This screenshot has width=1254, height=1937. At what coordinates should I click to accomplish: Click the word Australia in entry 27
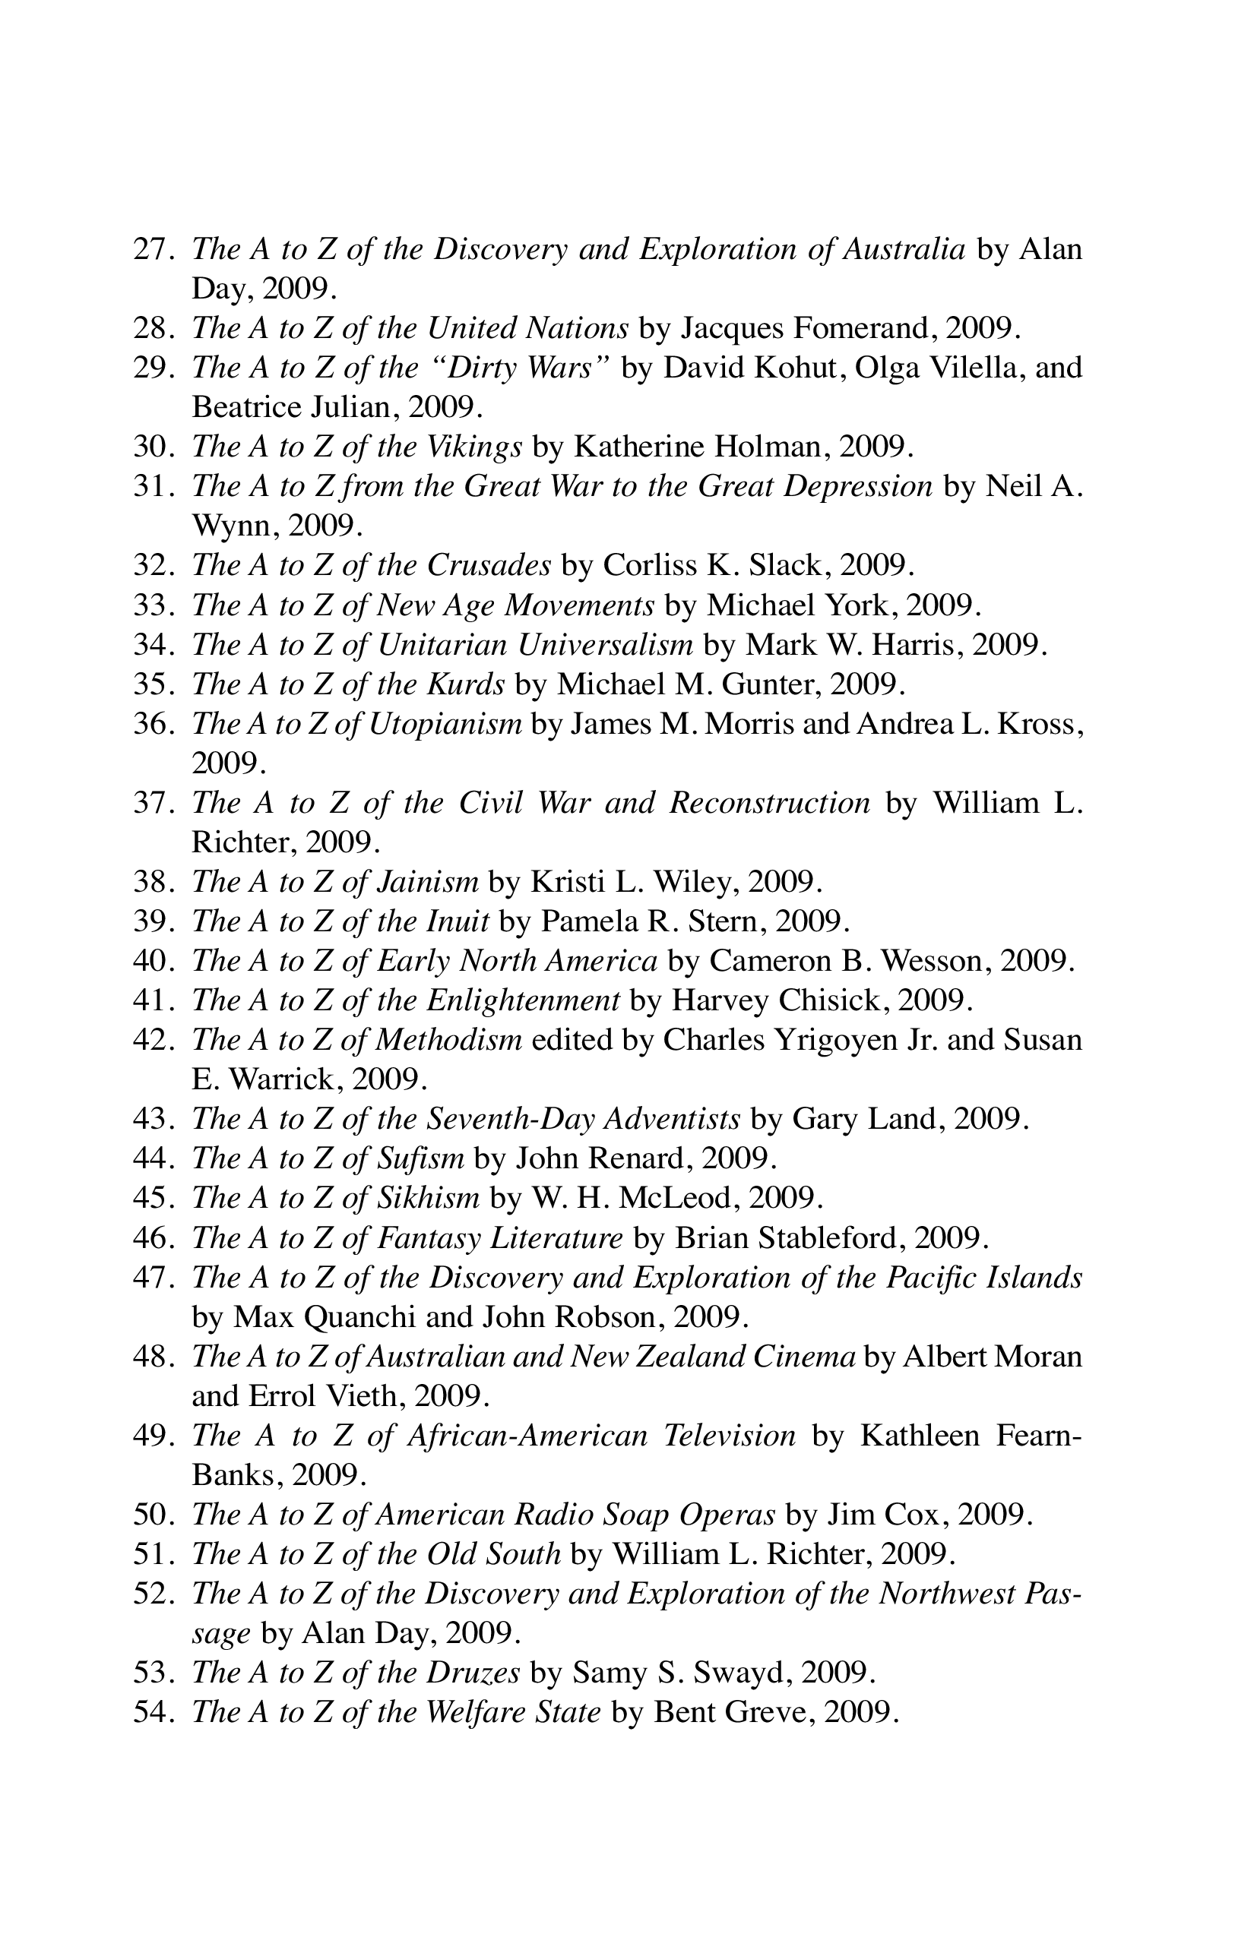point(904,249)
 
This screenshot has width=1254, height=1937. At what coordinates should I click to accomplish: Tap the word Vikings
point(475,447)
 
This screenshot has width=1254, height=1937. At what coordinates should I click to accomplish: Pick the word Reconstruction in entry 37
point(769,804)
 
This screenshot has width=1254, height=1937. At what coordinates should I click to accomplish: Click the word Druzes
point(473,1673)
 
